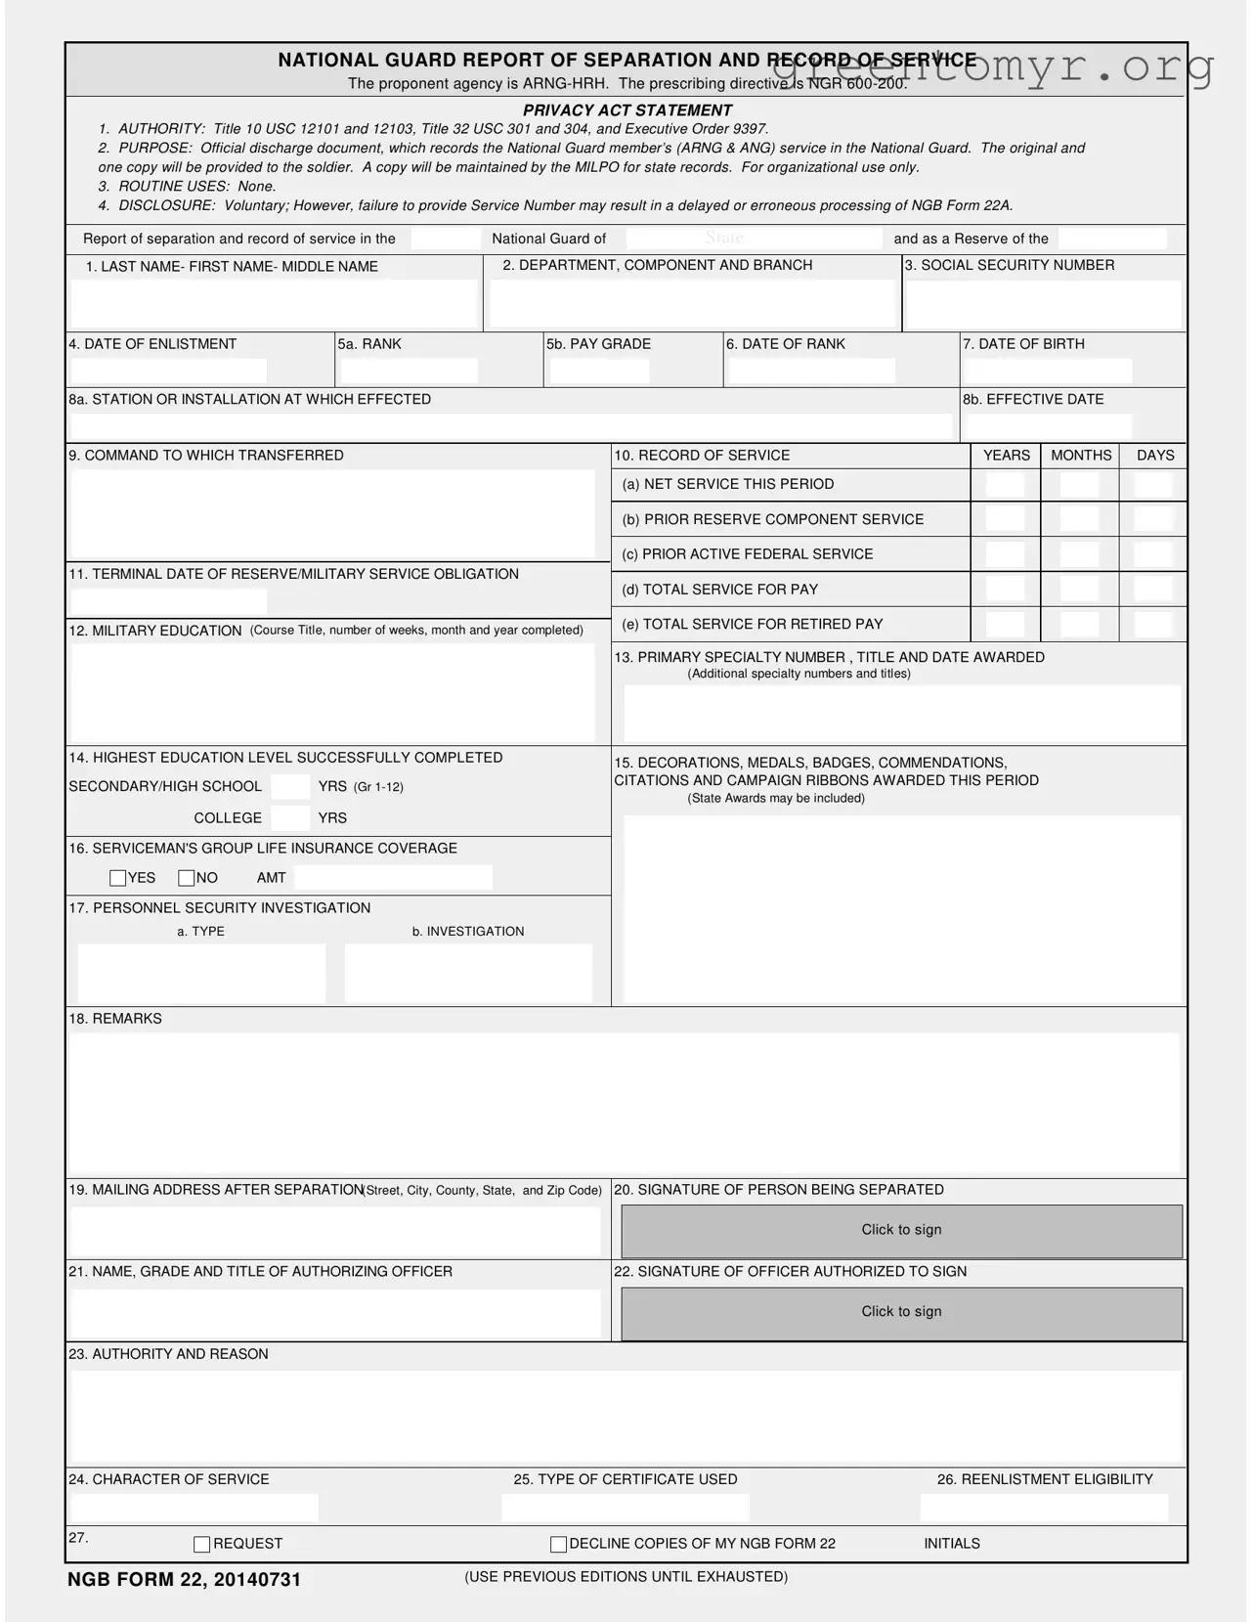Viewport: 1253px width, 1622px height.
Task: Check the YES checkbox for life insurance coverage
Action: [118, 878]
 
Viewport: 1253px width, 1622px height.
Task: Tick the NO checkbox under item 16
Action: [187, 878]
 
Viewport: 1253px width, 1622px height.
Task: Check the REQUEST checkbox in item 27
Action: [202, 1545]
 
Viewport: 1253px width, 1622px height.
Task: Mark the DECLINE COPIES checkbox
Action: [559, 1545]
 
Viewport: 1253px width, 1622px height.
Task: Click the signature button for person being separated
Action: [901, 1231]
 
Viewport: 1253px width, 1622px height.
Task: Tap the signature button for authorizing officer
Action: [901, 1313]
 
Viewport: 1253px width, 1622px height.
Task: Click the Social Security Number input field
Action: [1043, 305]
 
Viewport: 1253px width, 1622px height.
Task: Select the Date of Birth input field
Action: [1048, 372]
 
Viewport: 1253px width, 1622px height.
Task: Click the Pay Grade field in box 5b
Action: [599, 372]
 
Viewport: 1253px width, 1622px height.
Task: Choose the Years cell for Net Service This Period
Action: [1006, 485]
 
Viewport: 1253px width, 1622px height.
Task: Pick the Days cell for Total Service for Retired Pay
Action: [1153, 625]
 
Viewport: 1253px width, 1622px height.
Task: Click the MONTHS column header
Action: [1081, 456]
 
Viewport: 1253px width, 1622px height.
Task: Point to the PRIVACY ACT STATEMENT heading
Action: [626, 110]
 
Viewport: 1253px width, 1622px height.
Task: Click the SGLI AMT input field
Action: [393, 878]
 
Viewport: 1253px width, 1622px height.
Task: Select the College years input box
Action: [290, 818]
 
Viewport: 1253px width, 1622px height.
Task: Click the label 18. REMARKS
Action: [115, 1019]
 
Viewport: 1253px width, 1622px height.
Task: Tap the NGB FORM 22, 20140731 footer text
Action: [185, 1580]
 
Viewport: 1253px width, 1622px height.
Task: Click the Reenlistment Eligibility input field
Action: [1044, 1509]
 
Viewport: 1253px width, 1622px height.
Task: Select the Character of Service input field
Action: [194, 1509]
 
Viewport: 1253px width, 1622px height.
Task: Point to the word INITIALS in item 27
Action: [952, 1544]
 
